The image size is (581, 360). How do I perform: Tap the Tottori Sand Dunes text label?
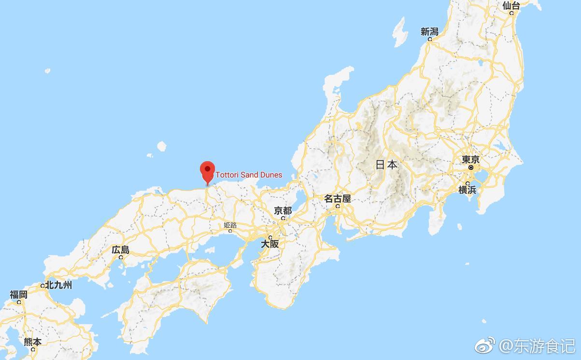click(x=249, y=175)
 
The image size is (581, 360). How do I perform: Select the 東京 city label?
click(x=470, y=159)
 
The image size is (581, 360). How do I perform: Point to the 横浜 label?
click(x=467, y=190)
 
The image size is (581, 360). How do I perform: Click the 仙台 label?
click(x=511, y=5)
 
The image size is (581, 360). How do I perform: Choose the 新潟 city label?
click(x=429, y=32)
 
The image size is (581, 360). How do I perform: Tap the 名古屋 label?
click(x=337, y=198)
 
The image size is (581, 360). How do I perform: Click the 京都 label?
click(x=283, y=210)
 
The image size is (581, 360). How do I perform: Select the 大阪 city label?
click(x=270, y=244)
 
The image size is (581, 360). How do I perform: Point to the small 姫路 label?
click(x=230, y=225)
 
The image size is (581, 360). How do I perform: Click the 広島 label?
click(x=120, y=250)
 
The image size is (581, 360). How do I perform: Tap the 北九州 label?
click(x=58, y=285)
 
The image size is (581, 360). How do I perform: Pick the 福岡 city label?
click(x=18, y=294)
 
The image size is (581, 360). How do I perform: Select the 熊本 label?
click(x=33, y=342)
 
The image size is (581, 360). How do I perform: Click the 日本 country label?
click(x=386, y=165)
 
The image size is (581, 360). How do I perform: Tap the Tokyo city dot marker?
click(x=471, y=167)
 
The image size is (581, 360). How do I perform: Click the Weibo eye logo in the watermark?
click(x=485, y=346)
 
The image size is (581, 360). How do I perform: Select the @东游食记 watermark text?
click(x=537, y=346)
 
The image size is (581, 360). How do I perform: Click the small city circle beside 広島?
click(x=121, y=257)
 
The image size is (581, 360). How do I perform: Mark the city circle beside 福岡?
click(x=19, y=302)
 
